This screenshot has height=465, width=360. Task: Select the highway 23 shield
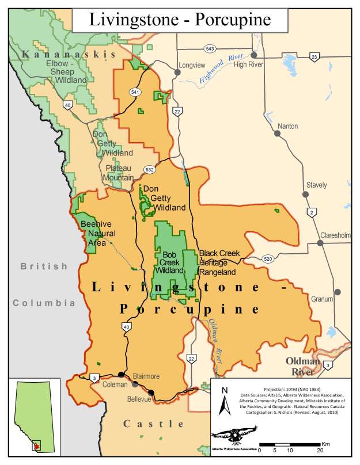314,56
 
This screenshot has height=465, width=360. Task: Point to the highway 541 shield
135,92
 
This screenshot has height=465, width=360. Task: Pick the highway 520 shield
267,258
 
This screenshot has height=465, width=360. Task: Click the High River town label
248,64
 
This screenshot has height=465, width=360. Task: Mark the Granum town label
321,299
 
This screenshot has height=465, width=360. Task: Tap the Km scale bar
290,445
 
